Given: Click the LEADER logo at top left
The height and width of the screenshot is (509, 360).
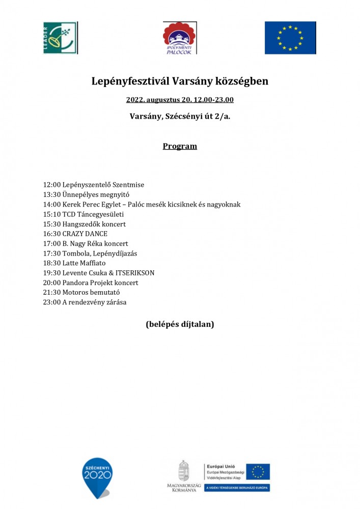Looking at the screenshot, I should coord(60,38).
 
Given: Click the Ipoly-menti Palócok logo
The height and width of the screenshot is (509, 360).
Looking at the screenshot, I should coord(180,38).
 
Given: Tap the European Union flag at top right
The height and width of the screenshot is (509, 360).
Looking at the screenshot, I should coord(290,38).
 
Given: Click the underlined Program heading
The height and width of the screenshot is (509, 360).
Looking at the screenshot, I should coord(180,146).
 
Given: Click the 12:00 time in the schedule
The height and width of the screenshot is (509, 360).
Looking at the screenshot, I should coord(52,185).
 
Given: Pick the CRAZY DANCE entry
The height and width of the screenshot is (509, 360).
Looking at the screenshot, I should coord(85,234).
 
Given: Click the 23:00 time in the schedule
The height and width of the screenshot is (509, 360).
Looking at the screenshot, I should coord(52,302).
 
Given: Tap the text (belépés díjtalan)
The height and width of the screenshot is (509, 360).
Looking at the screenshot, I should coord(180,324).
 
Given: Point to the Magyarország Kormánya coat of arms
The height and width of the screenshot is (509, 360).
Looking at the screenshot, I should coord(183,470).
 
